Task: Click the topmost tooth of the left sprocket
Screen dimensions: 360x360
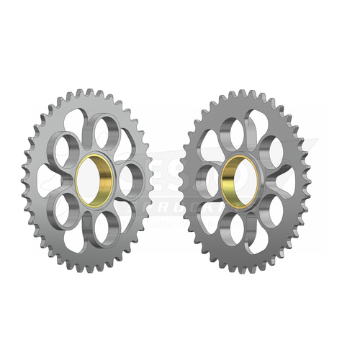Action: coord(90,91)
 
